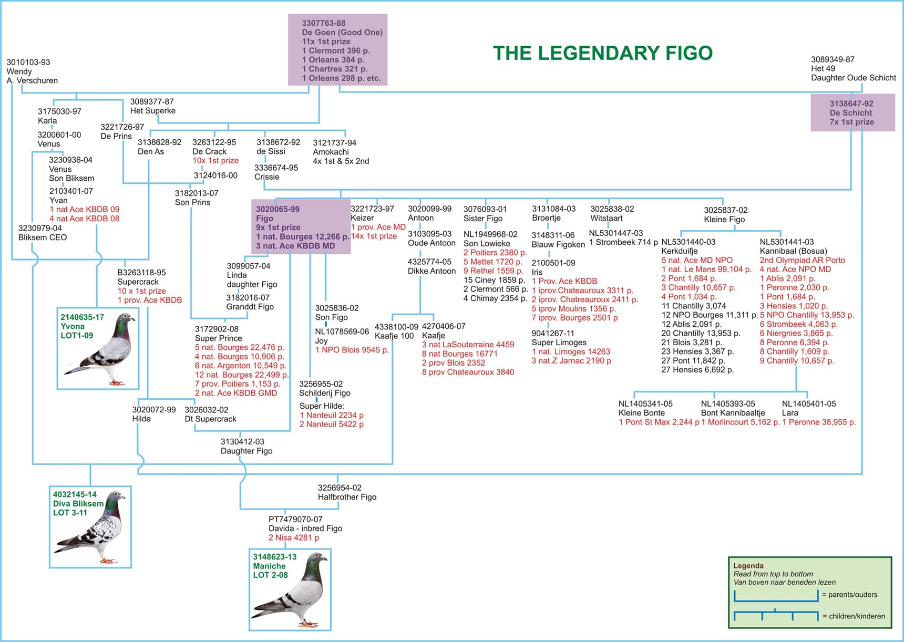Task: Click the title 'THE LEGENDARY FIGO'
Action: (602, 53)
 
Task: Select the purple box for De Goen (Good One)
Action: (338, 49)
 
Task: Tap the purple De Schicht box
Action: (852, 112)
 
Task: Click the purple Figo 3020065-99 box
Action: (301, 227)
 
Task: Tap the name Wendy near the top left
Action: (19, 71)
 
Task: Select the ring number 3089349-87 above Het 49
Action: (833, 59)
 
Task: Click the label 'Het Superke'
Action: (153, 111)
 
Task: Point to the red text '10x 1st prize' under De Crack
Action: (215, 161)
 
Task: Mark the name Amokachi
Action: (331, 152)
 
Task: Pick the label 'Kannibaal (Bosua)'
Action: (793, 251)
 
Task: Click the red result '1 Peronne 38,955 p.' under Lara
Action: (819, 422)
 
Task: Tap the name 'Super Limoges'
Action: (559, 343)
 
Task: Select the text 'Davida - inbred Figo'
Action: (305, 529)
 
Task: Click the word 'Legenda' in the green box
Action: (748, 566)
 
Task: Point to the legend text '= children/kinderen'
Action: (854, 616)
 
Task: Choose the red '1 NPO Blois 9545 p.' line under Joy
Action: (352, 350)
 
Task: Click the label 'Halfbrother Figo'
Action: (347, 497)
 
